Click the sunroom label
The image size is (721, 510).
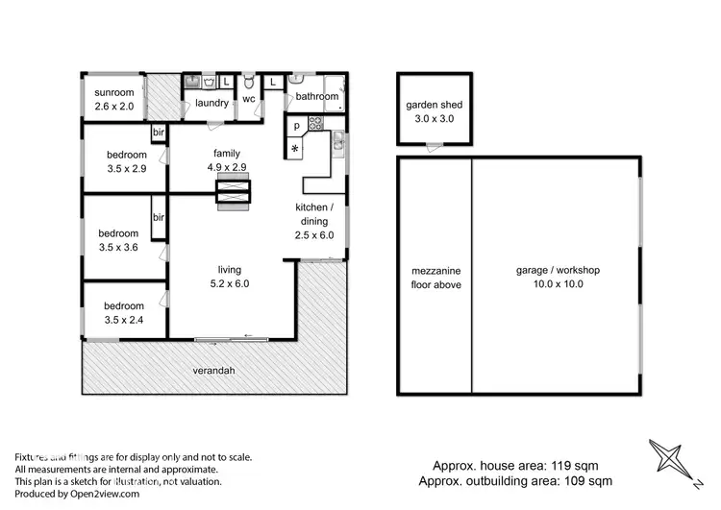tap(112, 94)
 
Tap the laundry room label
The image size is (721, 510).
tap(211, 103)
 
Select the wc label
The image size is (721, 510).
tap(248, 98)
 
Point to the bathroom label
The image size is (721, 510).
tap(316, 96)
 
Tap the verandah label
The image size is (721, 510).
tap(214, 371)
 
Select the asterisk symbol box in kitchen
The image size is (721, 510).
tap(295, 147)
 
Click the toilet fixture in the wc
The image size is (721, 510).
tap(248, 81)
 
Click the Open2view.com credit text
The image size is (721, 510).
tap(77, 494)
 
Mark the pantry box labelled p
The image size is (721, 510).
tap(295, 126)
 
